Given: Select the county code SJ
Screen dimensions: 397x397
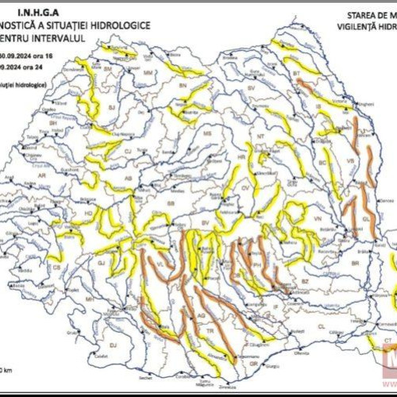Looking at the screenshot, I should pos(111,106).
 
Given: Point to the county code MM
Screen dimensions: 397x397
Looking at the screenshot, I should pos(148,73).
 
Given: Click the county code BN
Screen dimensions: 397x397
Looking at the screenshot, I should pos(183,84).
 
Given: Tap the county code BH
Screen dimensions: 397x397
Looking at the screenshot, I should pos(54,124).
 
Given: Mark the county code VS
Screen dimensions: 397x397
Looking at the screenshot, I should pos(350,160).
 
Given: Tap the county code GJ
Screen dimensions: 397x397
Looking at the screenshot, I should pos(102,261).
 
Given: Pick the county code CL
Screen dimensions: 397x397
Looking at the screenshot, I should pos(321,326).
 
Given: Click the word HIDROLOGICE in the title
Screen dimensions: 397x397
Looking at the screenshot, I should pos(118,25).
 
